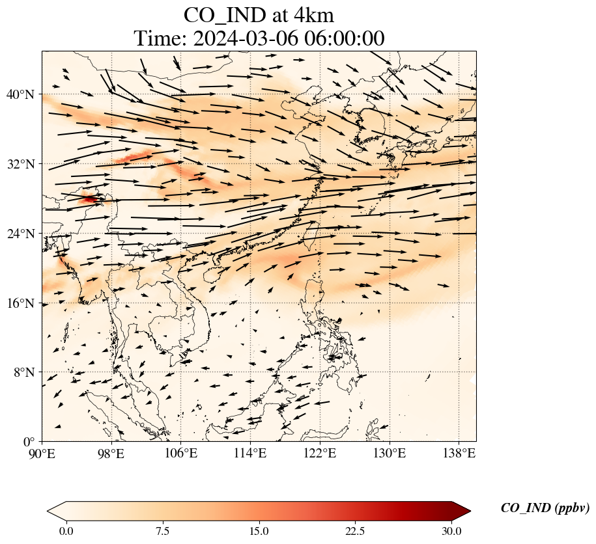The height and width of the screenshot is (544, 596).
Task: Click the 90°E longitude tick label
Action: click(x=42, y=454)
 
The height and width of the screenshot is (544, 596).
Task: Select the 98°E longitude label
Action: click(x=111, y=454)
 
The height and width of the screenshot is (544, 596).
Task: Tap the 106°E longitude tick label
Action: click(x=181, y=454)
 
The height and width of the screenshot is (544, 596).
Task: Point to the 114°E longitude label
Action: click(x=250, y=454)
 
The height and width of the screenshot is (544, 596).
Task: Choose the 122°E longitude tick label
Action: click(x=320, y=454)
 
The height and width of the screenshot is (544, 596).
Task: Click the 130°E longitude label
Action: click(x=389, y=454)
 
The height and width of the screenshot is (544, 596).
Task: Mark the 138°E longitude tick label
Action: click(x=459, y=454)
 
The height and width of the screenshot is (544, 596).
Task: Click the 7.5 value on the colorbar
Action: click(x=162, y=531)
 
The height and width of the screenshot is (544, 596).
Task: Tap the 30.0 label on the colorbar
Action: click(x=451, y=531)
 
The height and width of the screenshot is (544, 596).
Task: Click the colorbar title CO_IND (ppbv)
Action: click(x=545, y=508)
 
